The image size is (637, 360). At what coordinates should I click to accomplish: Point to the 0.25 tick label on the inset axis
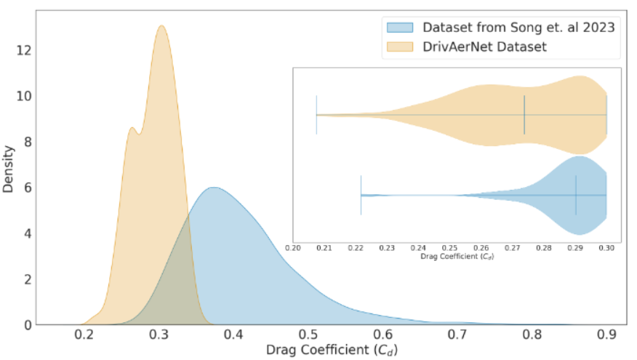coord(449,248)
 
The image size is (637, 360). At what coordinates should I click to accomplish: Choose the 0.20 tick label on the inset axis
coord(293,248)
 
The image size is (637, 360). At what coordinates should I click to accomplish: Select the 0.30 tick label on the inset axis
coord(606,248)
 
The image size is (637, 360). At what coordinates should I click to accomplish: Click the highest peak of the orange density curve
coord(161,26)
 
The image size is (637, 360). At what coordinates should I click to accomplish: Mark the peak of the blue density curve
coord(213,188)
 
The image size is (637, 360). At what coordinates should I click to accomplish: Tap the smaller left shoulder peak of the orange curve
coord(132,128)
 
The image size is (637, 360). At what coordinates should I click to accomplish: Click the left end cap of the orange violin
coord(316,115)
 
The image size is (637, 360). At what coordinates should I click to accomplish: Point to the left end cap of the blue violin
coord(361,195)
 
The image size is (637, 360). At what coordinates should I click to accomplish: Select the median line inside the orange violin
coord(524,115)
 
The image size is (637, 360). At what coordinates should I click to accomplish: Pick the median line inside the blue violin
coord(576,195)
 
